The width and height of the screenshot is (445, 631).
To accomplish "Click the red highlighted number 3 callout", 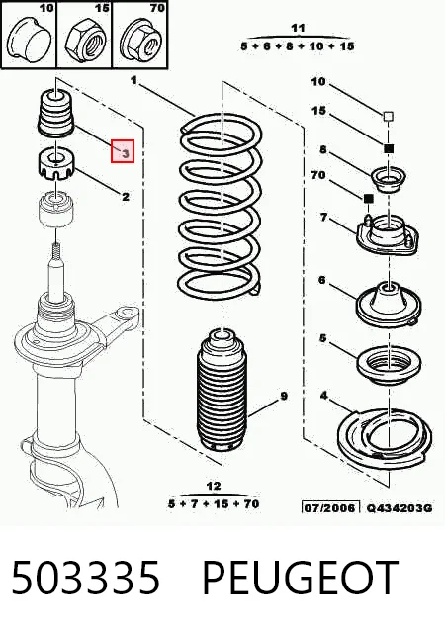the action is [x=123, y=151].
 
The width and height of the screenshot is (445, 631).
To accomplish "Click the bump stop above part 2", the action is [x=56, y=114].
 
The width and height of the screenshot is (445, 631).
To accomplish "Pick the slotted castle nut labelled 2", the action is [x=56, y=164].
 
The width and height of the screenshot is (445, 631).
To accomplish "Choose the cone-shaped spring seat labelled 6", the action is [x=389, y=305].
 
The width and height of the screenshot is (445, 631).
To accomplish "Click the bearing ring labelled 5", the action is [x=389, y=365].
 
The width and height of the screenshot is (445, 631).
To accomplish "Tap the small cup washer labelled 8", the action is [x=389, y=180].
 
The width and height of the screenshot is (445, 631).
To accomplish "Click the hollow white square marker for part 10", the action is [x=388, y=117].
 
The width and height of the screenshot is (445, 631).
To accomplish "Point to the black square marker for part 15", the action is [x=389, y=148].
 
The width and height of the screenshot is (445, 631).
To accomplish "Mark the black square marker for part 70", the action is [x=369, y=199].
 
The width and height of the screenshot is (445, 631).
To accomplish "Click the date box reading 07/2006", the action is [x=330, y=507].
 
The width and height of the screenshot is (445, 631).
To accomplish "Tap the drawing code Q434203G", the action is [x=400, y=508].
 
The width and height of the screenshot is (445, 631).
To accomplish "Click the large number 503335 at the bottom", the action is [x=86, y=578].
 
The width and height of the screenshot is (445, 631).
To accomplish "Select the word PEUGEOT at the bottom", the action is [x=301, y=578].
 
